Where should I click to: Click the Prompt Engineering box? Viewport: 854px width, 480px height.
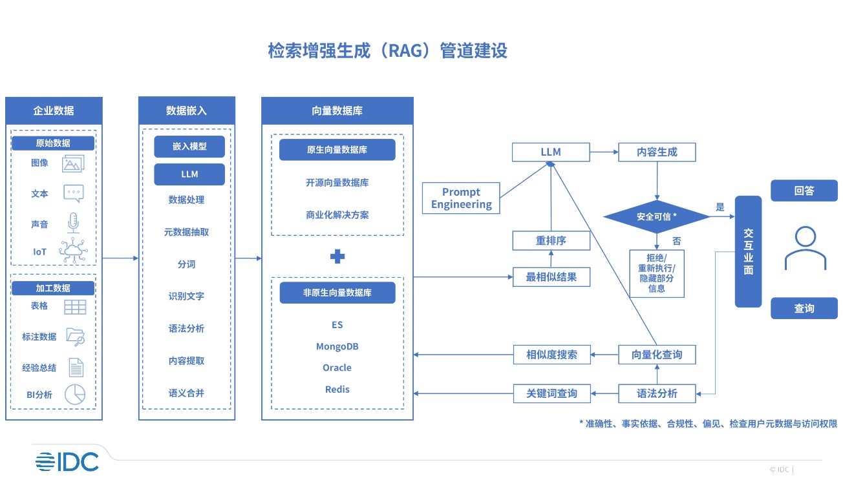(x=461, y=198)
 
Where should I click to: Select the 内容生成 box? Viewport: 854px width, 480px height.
(x=657, y=152)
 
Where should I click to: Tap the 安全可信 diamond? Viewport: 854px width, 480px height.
(x=657, y=217)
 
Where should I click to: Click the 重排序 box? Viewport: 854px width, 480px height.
(x=551, y=241)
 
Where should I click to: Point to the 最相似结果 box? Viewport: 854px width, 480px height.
(x=551, y=277)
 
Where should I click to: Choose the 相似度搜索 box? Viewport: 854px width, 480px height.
(x=551, y=355)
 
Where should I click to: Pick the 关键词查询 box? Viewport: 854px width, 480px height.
(x=551, y=393)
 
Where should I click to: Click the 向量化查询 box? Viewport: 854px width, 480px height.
(x=657, y=355)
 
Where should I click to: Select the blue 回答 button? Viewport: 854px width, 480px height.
(x=804, y=191)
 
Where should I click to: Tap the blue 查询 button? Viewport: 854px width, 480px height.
(x=804, y=309)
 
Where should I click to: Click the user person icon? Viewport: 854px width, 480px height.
(x=805, y=248)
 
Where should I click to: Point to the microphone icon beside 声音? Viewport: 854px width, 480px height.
(x=73, y=224)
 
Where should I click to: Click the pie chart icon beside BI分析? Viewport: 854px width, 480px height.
(x=75, y=395)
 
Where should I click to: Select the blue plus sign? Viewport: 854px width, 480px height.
(x=337, y=256)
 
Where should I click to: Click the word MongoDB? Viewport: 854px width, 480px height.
(x=337, y=347)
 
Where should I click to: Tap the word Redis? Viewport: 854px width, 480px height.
(x=337, y=390)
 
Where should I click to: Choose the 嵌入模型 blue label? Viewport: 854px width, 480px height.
(x=189, y=147)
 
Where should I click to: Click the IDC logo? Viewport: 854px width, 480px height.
(x=67, y=461)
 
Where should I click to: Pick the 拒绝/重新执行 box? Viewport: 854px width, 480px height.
(x=657, y=274)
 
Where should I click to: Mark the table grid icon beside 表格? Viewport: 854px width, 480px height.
(x=75, y=307)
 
